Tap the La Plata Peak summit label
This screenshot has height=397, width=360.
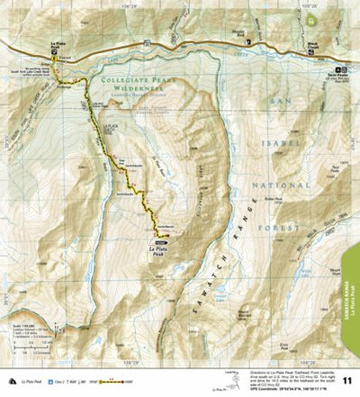(x=159, y=252)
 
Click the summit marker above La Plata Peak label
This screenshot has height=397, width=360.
(x=160, y=243)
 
